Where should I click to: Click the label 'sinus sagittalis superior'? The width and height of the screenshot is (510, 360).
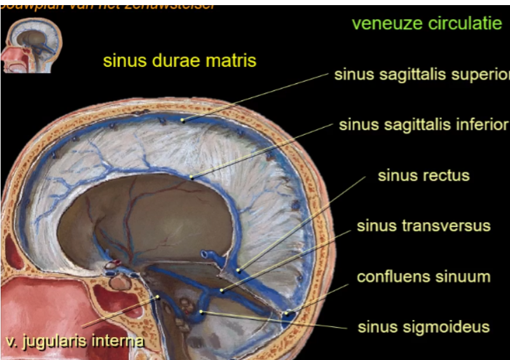tap(422, 74)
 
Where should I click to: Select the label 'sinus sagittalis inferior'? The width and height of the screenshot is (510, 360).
tap(424, 124)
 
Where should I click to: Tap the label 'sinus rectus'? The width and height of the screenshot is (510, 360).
tap(424, 175)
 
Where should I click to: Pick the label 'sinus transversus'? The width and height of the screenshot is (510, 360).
tap(424, 226)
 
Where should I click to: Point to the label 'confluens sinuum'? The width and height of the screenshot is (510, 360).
tap(424, 277)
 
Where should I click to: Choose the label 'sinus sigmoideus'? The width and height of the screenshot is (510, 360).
tap(424, 327)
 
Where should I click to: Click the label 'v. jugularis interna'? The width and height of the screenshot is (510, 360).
tap(74, 341)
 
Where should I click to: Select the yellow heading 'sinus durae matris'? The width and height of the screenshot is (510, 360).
tap(179, 61)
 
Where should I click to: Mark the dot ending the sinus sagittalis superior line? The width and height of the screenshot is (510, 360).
tap(183, 119)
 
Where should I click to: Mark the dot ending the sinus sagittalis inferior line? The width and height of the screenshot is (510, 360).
tap(191, 176)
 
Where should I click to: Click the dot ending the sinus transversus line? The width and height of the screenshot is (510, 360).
tap(221, 291)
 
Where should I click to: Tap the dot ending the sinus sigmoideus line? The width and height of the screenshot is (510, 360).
tap(202, 312)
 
